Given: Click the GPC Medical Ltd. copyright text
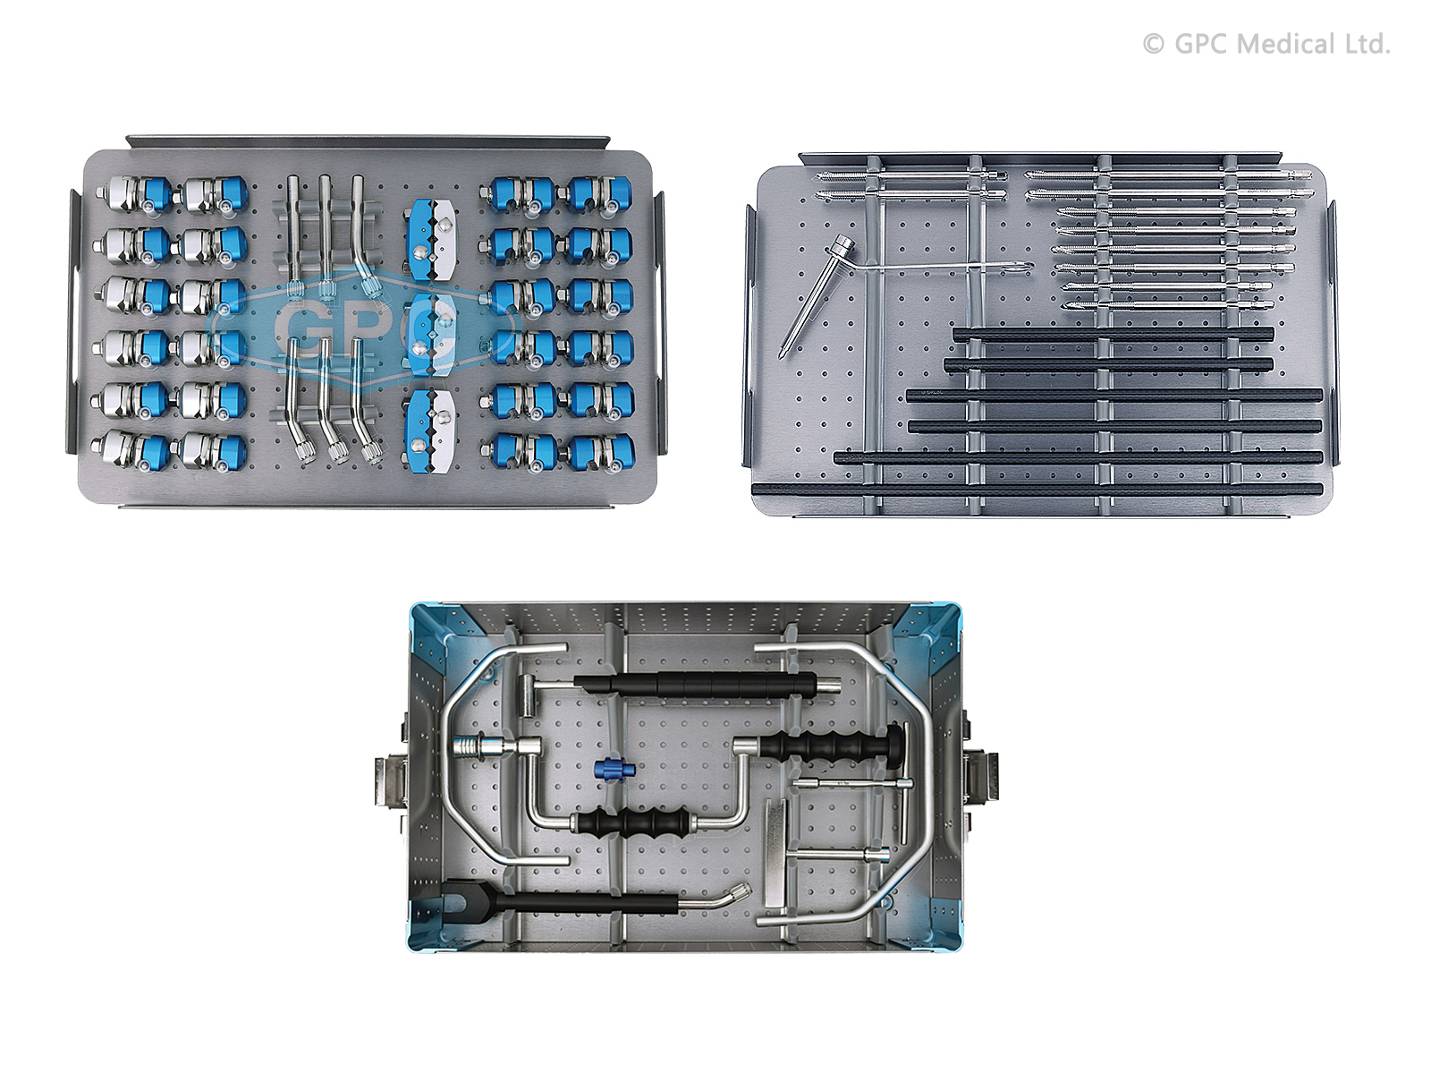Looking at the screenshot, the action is pyautogui.click(x=1266, y=45).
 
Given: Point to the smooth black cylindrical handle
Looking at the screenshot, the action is pyautogui.click(x=694, y=685).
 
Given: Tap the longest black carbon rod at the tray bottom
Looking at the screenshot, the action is pyautogui.click(x=1037, y=489).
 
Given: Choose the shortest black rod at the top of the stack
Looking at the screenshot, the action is pyautogui.click(x=1113, y=335).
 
